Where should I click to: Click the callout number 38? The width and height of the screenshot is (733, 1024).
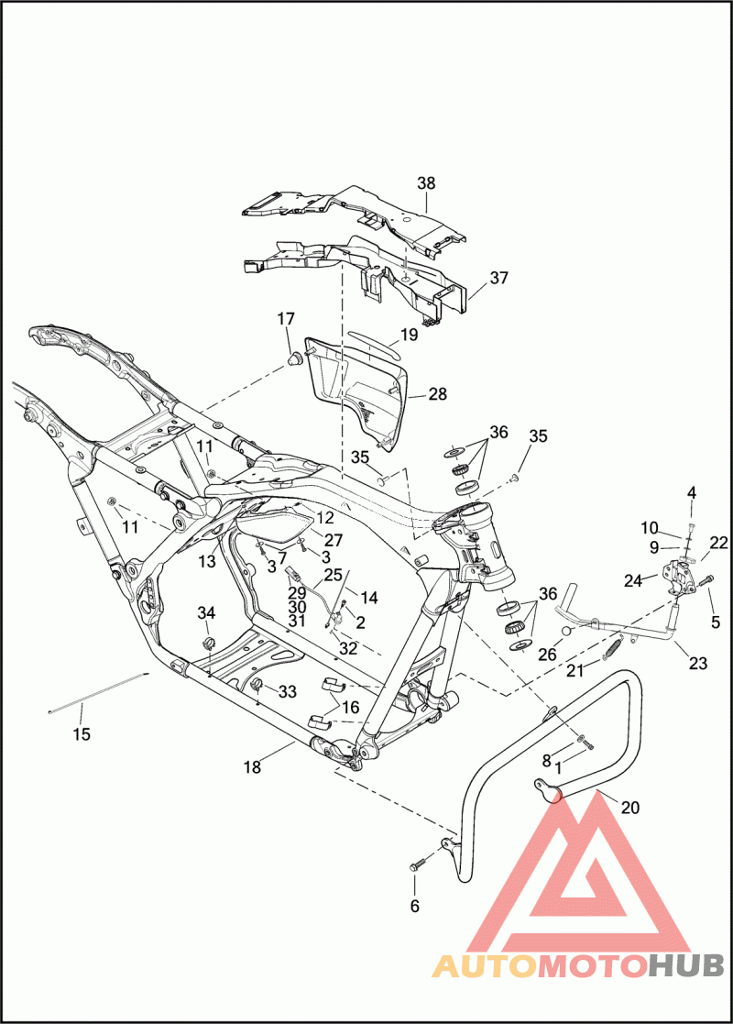pyautogui.click(x=426, y=183)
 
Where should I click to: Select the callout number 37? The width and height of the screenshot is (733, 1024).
pyautogui.click(x=498, y=278)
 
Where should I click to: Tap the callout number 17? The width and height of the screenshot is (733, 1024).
pyautogui.click(x=286, y=319)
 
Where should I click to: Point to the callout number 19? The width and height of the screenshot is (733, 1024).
pyautogui.click(x=409, y=335)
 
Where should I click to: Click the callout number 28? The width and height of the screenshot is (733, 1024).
pyautogui.click(x=437, y=394)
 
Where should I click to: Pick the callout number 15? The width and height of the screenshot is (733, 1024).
pyautogui.click(x=82, y=733)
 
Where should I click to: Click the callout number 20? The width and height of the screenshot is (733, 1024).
pyautogui.click(x=630, y=808)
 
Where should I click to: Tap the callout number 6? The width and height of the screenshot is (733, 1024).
pyautogui.click(x=414, y=906)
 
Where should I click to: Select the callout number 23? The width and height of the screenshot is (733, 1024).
pyautogui.click(x=698, y=664)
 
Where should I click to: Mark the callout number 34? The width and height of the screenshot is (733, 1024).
pyautogui.click(x=207, y=612)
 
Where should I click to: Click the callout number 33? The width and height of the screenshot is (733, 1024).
pyautogui.click(x=287, y=692)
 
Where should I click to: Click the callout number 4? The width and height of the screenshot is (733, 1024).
pyautogui.click(x=692, y=492)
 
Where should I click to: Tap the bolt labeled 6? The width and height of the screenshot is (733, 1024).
pyautogui.click(x=419, y=864)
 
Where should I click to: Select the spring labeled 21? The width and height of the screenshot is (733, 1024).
pyautogui.click(x=615, y=645)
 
